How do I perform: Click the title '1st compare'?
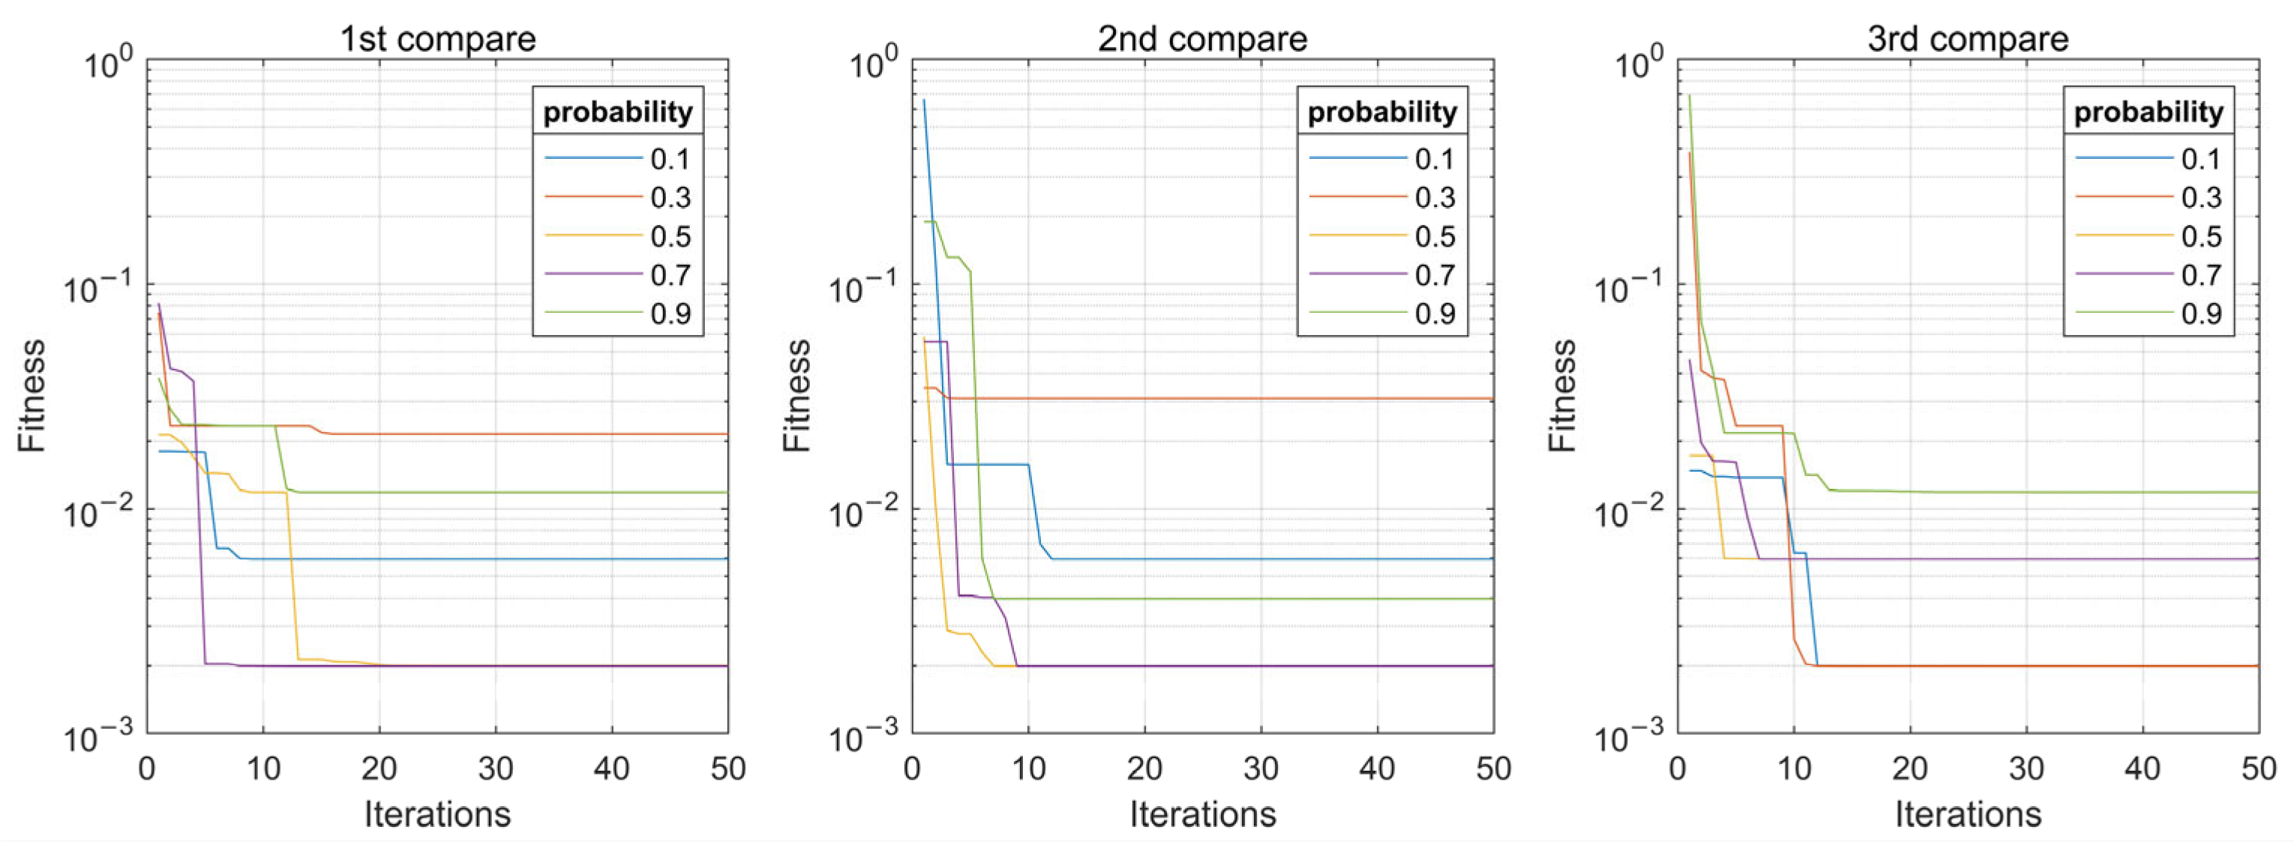[437, 39]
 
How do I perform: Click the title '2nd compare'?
[1202, 39]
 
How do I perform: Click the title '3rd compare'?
[1967, 39]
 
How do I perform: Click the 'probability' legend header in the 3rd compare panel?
[2148, 112]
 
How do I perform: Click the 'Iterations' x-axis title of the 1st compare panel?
[437, 814]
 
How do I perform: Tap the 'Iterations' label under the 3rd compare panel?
[1967, 814]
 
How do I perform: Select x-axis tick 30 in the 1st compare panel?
[495, 769]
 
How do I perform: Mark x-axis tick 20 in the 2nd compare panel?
[1144, 769]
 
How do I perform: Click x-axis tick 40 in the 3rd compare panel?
[2142, 769]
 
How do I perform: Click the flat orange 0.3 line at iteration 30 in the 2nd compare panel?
[1261, 398]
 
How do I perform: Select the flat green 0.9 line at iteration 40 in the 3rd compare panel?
[2142, 492]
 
